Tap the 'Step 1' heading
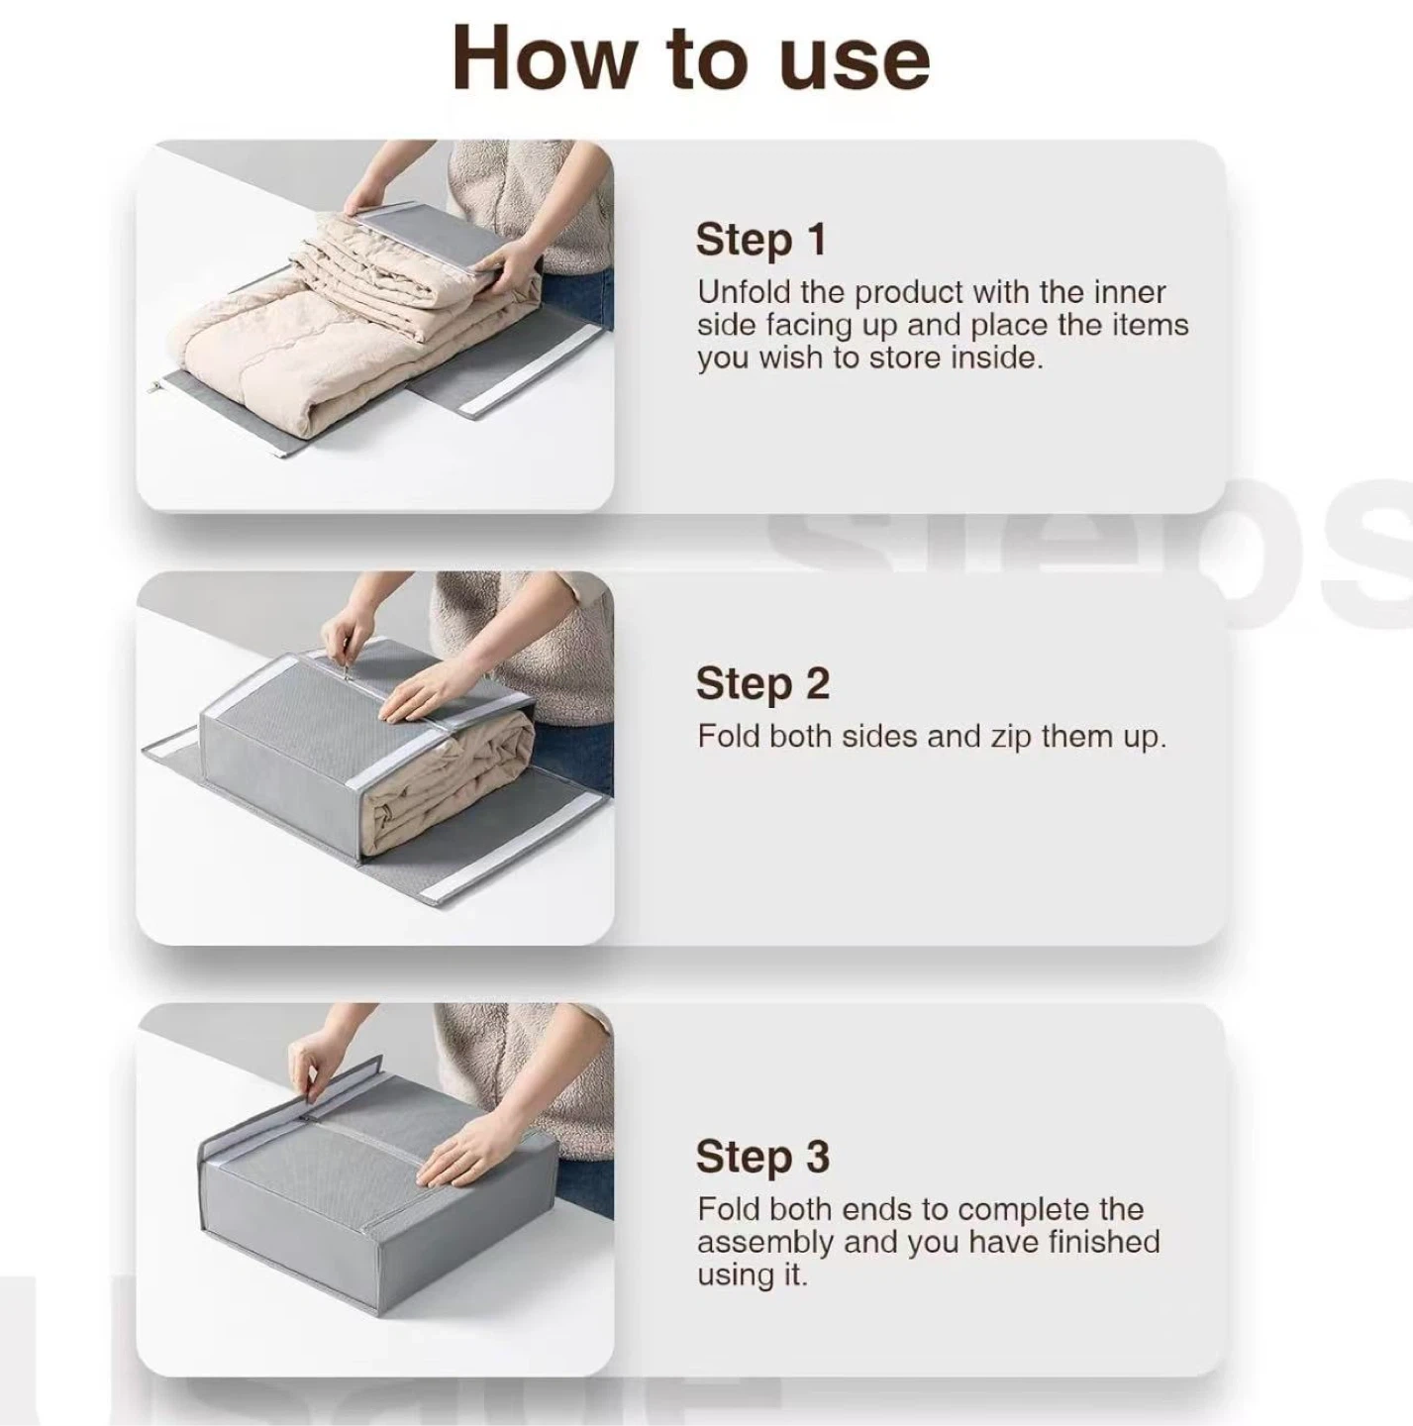pos(760,240)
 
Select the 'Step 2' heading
pos(762,683)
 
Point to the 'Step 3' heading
pos(762,1157)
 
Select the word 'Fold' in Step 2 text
pos(729,737)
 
